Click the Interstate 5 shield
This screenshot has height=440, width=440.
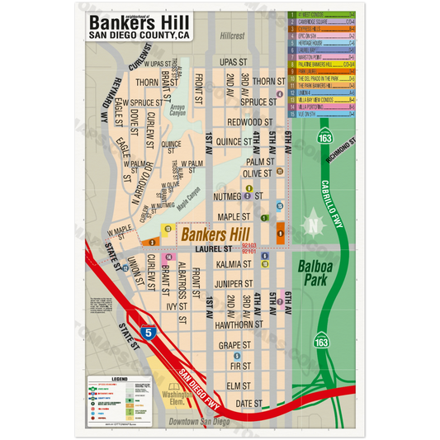tap(147, 334)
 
